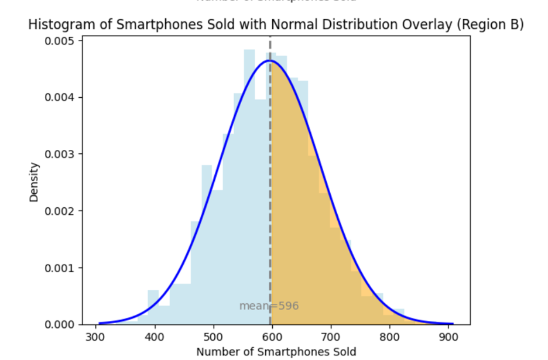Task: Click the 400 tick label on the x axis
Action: point(155,337)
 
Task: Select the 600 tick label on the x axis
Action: point(272,337)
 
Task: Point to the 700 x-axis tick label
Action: point(331,337)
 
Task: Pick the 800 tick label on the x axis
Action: point(390,337)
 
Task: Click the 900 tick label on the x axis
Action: point(448,337)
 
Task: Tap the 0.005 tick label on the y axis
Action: point(61,41)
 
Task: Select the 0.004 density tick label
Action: point(61,97)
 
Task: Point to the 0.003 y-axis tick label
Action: point(61,154)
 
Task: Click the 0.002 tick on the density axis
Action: point(61,211)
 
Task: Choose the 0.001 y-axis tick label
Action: point(61,268)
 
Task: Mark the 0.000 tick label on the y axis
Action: point(61,324)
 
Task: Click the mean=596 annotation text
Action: point(269,306)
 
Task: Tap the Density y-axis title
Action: point(34,182)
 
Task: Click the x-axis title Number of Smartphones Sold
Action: point(276,352)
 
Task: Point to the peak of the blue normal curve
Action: point(269,60)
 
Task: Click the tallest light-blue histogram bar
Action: point(249,176)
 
